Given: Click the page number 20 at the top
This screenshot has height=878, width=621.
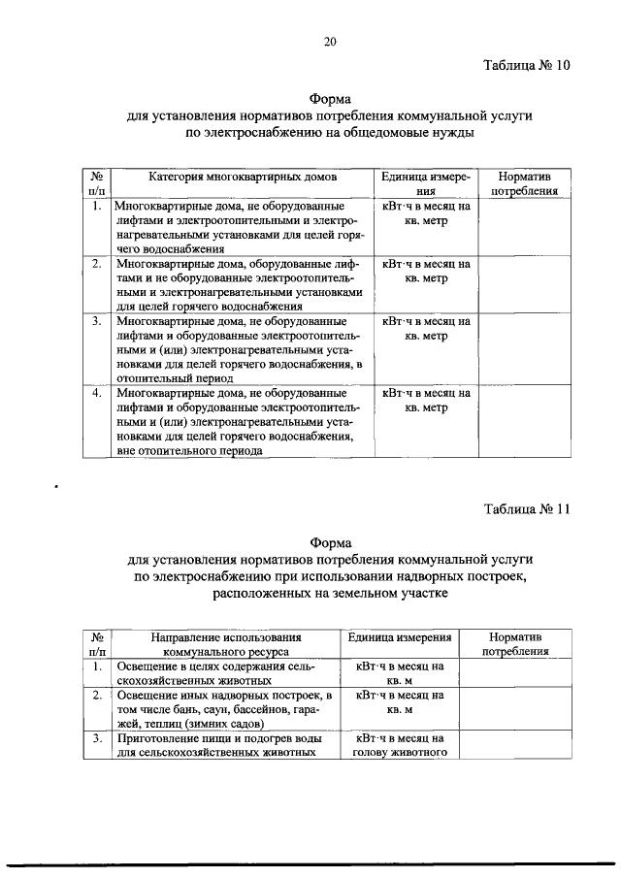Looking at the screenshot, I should click(330, 41).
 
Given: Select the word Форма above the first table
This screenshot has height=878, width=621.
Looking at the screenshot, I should click(330, 99).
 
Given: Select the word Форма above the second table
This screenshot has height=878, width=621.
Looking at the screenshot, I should click(330, 543).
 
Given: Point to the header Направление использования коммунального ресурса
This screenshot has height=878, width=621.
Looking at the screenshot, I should click(223, 644).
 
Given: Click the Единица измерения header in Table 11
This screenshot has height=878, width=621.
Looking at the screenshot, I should click(400, 637).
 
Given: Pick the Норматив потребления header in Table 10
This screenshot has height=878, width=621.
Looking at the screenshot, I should click(524, 184).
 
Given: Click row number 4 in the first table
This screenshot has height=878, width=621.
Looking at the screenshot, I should click(97, 394).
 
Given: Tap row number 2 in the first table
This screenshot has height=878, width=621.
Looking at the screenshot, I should click(97, 263).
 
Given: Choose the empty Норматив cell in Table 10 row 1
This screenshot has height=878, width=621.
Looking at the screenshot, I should click(524, 227).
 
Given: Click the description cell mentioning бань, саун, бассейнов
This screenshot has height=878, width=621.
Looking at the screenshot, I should click(223, 709).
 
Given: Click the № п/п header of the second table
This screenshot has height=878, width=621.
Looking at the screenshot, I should click(97, 644).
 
